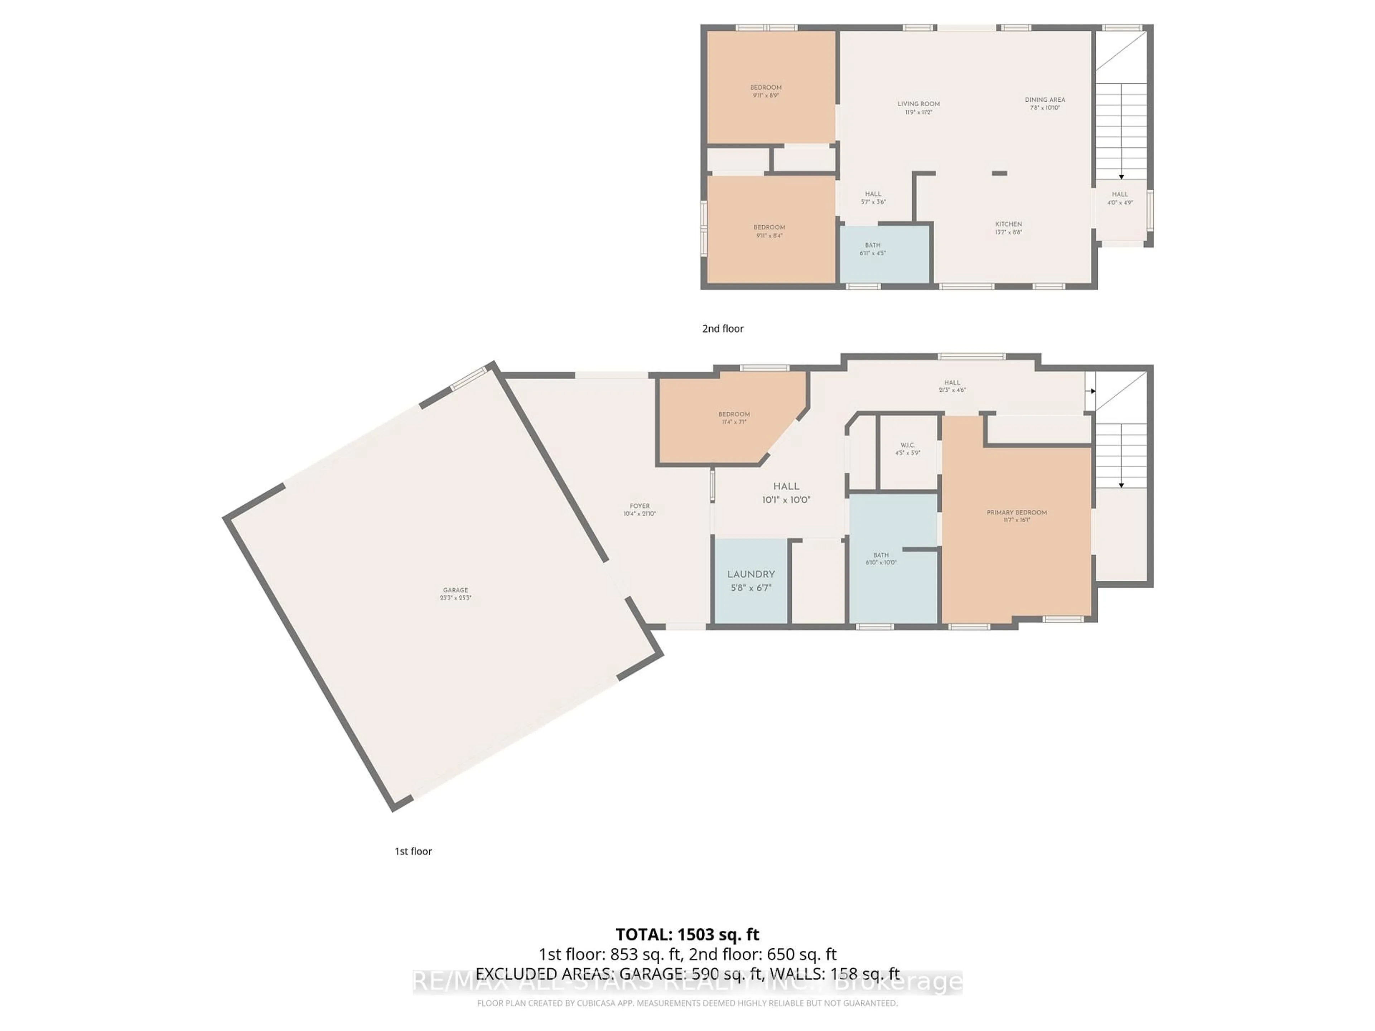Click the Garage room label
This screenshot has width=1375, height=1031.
455,594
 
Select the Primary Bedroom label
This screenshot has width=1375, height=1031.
1016,516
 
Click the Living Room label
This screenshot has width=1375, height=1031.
918,107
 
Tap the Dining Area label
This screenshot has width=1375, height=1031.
1045,103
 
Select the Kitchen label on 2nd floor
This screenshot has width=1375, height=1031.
1008,227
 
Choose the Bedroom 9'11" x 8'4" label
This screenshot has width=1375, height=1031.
769,231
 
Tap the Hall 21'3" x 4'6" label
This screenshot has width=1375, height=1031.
952,386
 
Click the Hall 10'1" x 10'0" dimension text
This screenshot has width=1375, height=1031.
786,500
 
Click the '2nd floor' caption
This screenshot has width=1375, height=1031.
722,328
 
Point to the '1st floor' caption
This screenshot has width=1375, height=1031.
413,851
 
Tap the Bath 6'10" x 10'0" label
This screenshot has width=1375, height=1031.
881,558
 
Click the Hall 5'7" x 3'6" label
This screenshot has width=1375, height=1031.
873,198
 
